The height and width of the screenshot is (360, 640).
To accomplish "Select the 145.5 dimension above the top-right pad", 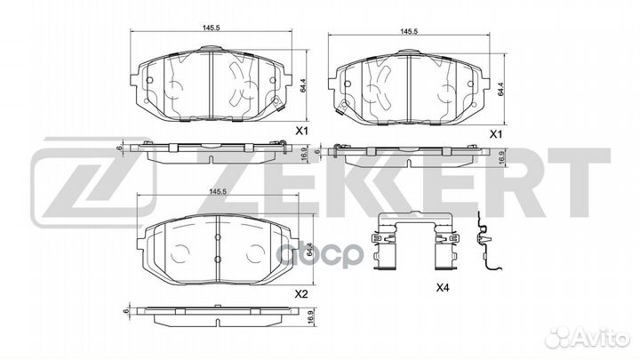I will coord(409,31).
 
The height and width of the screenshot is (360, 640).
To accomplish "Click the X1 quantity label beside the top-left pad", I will coord(300,132).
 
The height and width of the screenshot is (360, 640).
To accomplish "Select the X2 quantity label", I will coord(300,294).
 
